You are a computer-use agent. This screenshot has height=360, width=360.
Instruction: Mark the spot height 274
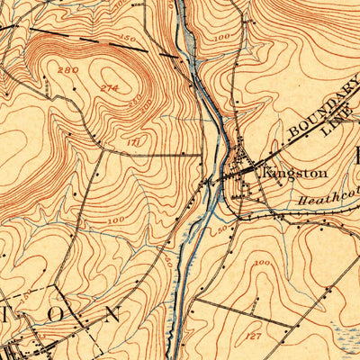click(110, 87)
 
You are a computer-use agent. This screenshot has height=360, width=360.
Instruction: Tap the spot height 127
click(255, 335)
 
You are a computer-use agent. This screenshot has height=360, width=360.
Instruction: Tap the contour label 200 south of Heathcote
click(262, 262)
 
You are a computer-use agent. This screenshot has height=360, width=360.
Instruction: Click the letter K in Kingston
click(266, 171)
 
